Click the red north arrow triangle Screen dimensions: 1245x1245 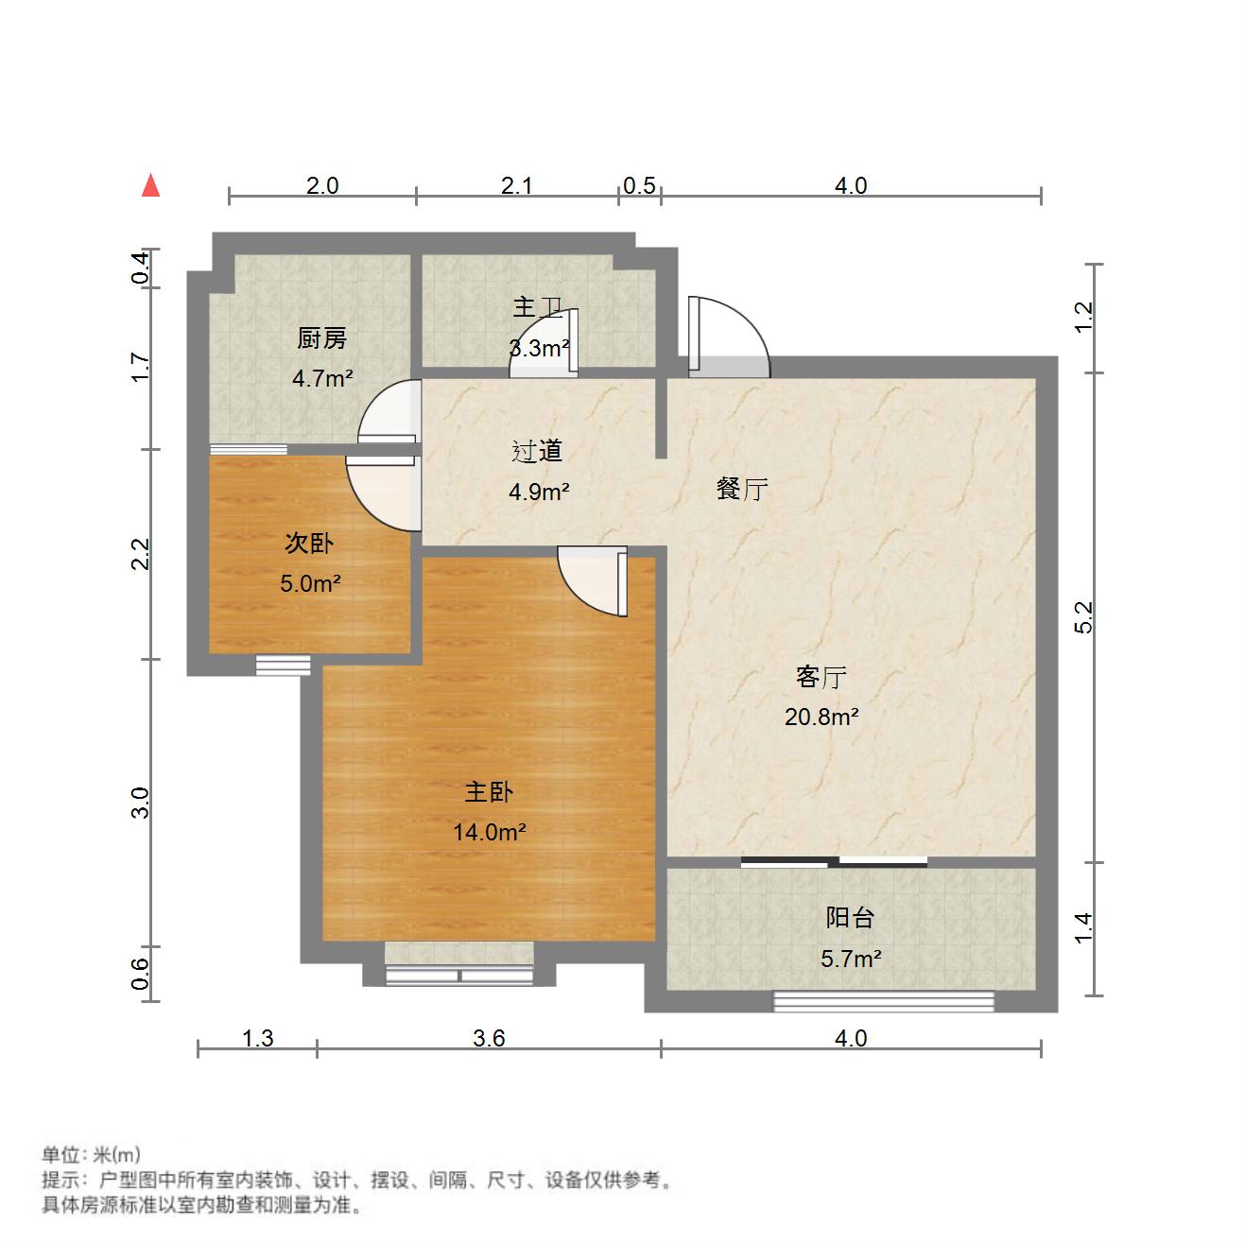point(150,185)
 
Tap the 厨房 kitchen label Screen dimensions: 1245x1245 point(321,337)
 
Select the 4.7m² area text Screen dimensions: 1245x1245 point(322,378)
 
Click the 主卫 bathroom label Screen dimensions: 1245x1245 point(538,307)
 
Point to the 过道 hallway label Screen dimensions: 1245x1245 point(537,451)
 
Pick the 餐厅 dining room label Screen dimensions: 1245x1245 point(742,489)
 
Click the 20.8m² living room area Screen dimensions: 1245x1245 point(821,717)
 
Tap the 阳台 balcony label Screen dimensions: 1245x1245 point(850,917)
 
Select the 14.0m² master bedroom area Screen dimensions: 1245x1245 point(489,832)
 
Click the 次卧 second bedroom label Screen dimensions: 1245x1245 point(309,543)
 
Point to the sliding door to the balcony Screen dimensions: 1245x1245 point(834,861)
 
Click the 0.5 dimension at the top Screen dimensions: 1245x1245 point(640,185)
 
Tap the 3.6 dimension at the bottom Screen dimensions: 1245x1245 point(489,1038)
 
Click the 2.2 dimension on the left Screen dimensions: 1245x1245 point(140,554)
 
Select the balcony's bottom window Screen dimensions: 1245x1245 point(884,1002)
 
